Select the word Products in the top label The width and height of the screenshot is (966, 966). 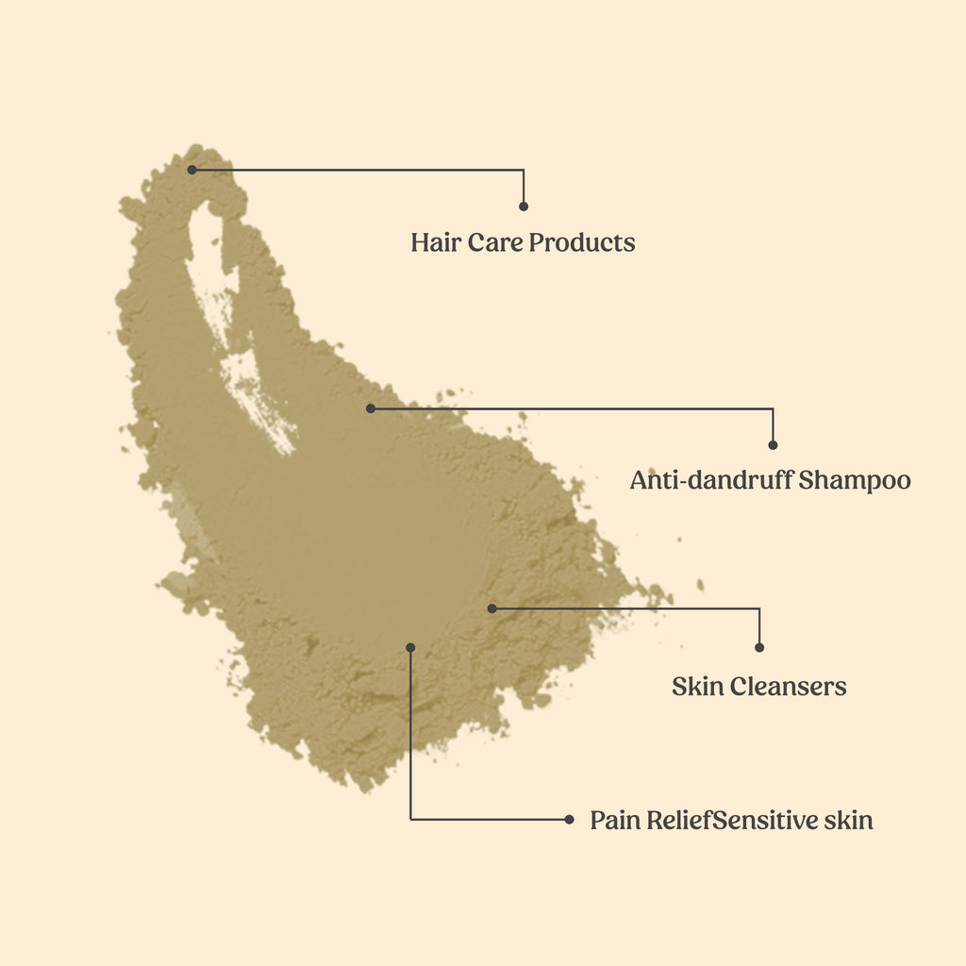coord(582,242)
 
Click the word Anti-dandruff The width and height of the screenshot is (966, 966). coord(711,480)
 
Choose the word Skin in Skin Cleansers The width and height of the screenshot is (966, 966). coord(695,686)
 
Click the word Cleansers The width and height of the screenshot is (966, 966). coord(785,686)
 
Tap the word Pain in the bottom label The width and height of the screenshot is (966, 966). coord(615,820)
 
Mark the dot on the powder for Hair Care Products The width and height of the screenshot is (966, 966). coord(192,170)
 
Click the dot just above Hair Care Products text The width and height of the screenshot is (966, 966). coord(524,206)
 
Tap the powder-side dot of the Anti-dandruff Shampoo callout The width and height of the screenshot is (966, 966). coord(371,408)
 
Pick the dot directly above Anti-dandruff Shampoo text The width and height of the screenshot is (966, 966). coord(773,444)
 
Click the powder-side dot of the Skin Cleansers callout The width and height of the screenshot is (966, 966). coord(491,608)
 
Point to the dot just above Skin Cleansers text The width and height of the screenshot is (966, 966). coord(759,647)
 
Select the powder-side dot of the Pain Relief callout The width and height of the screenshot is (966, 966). coord(410,647)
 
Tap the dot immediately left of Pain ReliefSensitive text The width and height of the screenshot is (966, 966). coord(569,820)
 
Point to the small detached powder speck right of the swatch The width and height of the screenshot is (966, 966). coord(700,585)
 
